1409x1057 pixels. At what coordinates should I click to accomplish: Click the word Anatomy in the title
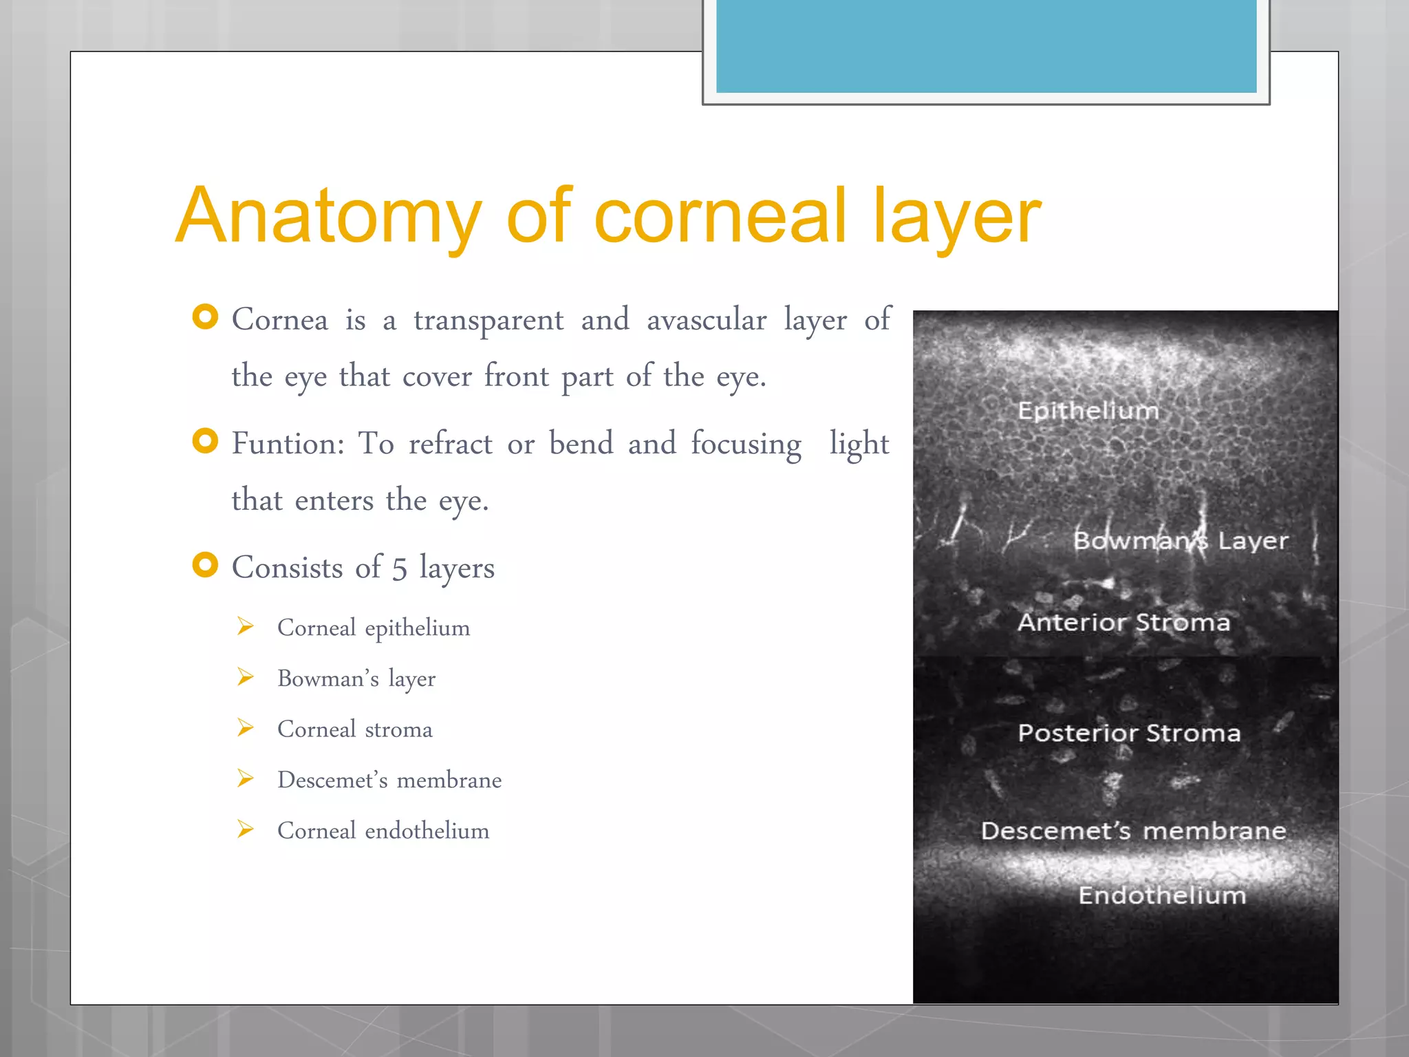tap(329, 217)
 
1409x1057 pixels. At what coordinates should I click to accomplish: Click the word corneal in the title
tap(720, 217)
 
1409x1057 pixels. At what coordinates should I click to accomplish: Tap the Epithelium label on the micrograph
tap(1088, 411)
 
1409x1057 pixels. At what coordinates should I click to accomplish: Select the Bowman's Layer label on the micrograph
tap(1181, 541)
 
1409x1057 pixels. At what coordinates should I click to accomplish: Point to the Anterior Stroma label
tap(1123, 622)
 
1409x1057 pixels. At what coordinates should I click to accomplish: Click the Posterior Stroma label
tap(1129, 733)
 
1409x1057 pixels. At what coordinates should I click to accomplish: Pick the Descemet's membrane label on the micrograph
tap(1133, 831)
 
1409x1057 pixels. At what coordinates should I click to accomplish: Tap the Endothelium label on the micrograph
tap(1162, 895)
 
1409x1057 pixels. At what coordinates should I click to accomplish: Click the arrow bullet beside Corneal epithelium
tap(246, 626)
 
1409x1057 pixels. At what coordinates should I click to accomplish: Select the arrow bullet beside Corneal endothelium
tap(246, 829)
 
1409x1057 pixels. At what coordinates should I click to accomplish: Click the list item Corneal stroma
tap(355, 729)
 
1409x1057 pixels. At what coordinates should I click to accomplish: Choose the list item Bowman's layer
tap(356, 679)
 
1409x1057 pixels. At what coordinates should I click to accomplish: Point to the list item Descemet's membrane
tap(389, 780)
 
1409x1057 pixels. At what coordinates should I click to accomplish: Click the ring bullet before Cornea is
tap(205, 317)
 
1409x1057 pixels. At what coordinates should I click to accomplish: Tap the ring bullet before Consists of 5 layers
tap(205, 565)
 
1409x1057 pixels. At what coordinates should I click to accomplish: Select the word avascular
tap(706, 321)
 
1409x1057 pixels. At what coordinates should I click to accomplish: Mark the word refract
tap(450, 444)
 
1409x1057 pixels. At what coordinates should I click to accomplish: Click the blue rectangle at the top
tap(986, 45)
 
